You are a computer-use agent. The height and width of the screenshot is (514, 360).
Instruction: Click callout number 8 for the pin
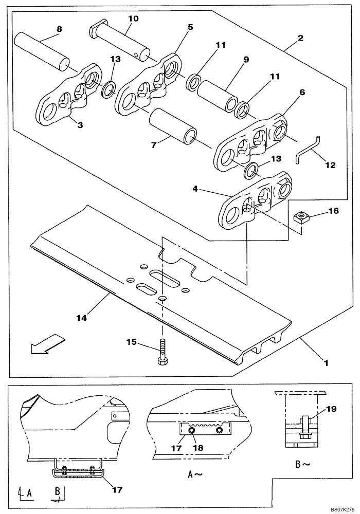59,29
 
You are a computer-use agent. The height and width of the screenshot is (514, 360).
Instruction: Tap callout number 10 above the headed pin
133,19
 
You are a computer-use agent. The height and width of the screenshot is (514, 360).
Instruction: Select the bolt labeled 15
162,351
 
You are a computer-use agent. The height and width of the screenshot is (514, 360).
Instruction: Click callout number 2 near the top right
300,38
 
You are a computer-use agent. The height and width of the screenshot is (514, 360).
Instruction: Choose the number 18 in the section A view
197,448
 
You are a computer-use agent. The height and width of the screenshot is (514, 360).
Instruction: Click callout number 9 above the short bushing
246,60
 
